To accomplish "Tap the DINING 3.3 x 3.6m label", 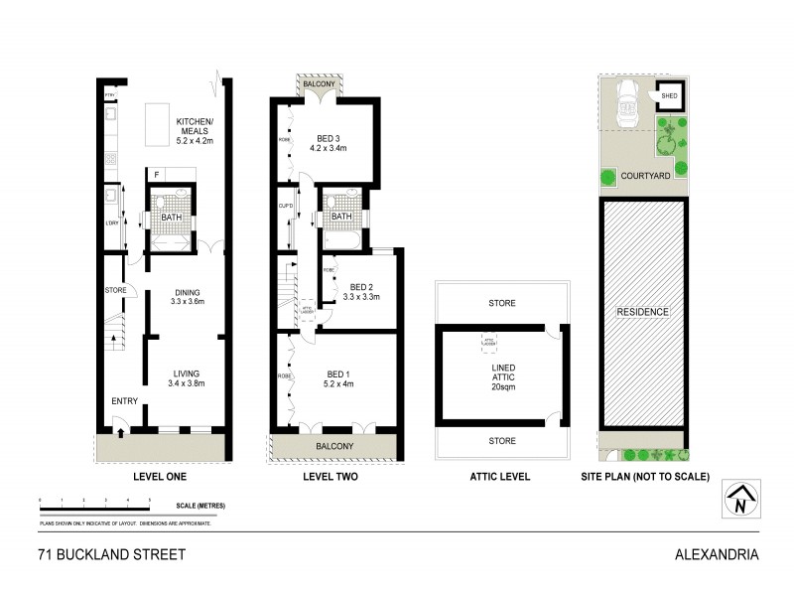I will (x=187, y=295).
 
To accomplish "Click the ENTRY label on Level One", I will (x=125, y=401).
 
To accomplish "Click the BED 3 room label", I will (x=330, y=143).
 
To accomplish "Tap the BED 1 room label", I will (x=340, y=378).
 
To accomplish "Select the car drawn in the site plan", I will (x=627, y=102).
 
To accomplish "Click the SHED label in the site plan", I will (x=669, y=96).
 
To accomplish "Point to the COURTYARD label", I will (x=646, y=176).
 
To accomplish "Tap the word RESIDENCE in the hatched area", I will (x=644, y=312).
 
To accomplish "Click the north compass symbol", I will (x=736, y=500).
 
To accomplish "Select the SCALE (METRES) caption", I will (x=193, y=506).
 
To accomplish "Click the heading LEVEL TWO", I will (x=330, y=477).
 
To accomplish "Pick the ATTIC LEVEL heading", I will (x=500, y=477).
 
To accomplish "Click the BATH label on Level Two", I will (x=341, y=218).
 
